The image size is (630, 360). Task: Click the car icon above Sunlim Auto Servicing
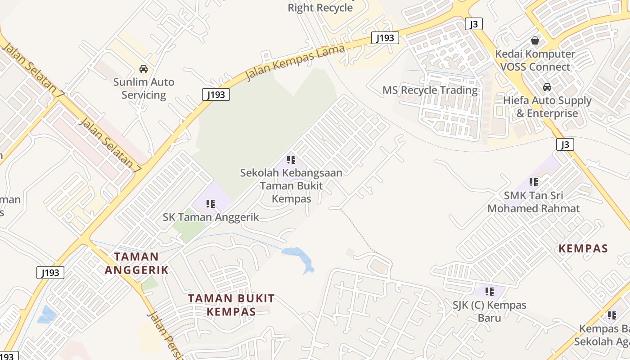click(144, 69)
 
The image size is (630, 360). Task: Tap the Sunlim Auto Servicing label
click(144, 89)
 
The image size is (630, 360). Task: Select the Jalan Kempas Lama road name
click(295, 62)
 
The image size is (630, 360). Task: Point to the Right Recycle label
click(320, 8)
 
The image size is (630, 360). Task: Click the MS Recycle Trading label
click(430, 90)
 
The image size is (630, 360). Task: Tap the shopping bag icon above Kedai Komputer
click(535, 40)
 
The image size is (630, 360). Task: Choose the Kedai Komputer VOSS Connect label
click(535, 60)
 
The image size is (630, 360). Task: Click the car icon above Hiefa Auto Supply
click(547, 87)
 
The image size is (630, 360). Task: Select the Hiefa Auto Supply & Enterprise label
click(547, 107)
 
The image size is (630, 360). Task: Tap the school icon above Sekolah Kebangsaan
click(291, 159)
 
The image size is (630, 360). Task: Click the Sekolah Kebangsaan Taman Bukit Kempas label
click(291, 185)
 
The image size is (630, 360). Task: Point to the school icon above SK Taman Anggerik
click(211, 204)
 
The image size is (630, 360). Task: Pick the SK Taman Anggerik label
click(211, 217)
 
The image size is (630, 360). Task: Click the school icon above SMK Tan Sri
click(534, 182)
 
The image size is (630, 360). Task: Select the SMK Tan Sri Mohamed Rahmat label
click(534, 202)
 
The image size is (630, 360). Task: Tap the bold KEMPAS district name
click(583, 248)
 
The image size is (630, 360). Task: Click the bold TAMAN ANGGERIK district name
click(136, 263)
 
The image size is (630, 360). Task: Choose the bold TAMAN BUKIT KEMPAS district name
click(231, 305)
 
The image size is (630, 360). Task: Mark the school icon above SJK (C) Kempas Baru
click(490, 292)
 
